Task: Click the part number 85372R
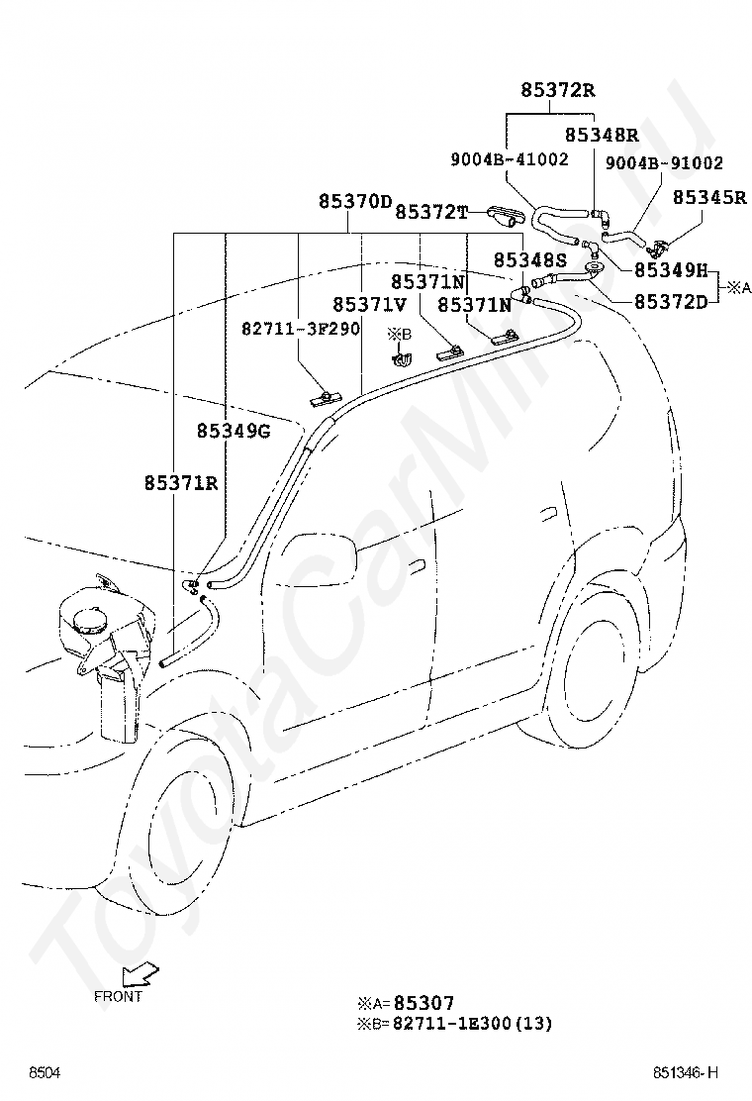click(558, 90)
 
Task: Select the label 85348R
click(602, 135)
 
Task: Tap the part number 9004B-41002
click(510, 159)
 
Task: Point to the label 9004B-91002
click(664, 163)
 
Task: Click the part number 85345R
click(709, 197)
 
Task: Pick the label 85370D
click(355, 202)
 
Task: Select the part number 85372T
click(431, 211)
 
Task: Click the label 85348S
click(529, 260)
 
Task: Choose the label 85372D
click(671, 301)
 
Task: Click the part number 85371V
click(370, 305)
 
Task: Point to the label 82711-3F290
click(301, 328)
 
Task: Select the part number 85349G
click(234, 431)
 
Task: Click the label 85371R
click(182, 483)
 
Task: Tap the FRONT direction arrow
click(140, 974)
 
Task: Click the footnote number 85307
click(423, 1003)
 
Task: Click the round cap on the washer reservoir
click(94, 622)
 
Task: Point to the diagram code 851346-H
click(686, 1072)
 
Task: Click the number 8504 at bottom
click(45, 1072)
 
